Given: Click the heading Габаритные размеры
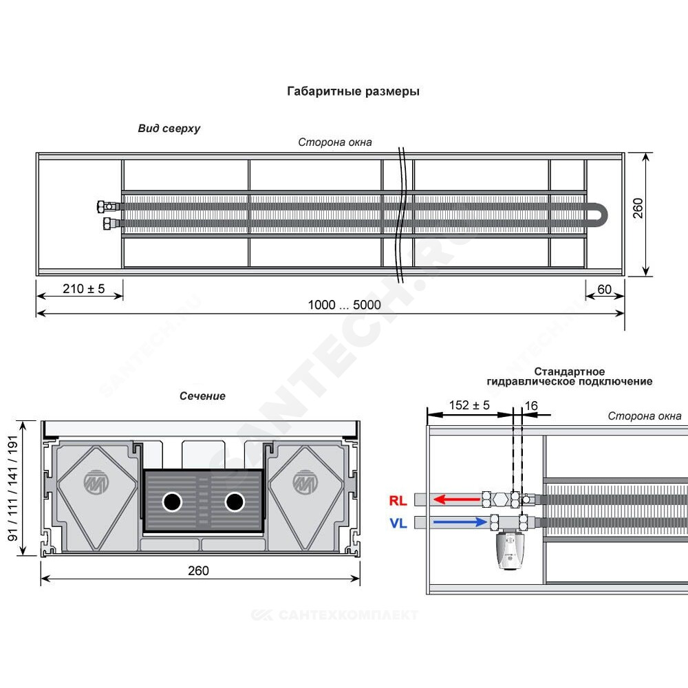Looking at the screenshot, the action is pyautogui.click(x=353, y=92).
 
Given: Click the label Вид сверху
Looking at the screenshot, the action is pyautogui.click(x=169, y=129).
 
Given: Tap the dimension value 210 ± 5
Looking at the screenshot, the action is pyautogui.click(x=84, y=289).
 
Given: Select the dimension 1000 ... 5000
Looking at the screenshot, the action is pyautogui.click(x=345, y=305).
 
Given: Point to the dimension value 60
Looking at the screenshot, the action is pyautogui.click(x=605, y=290).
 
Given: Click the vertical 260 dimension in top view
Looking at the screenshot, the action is pyautogui.click(x=638, y=208).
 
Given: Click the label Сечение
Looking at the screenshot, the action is pyautogui.click(x=202, y=396).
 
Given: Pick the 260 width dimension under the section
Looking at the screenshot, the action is pyautogui.click(x=198, y=571).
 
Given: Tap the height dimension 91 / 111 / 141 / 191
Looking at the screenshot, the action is pyautogui.click(x=13, y=488).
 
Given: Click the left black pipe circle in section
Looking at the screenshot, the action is pyautogui.click(x=172, y=502).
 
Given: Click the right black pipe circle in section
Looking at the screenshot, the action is pyautogui.click(x=235, y=502).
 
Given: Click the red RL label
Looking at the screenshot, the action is pyautogui.click(x=398, y=501).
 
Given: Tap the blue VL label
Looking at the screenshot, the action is pyautogui.click(x=398, y=524).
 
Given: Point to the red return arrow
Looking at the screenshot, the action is pyautogui.click(x=456, y=499).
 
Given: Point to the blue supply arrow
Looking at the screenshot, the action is pyautogui.click(x=460, y=522).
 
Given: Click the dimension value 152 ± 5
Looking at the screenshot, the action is pyautogui.click(x=469, y=405).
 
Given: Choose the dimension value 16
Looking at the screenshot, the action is pyautogui.click(x=531, y=406).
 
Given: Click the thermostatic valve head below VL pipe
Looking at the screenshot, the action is pyautogui.click(x=509, y=550).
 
